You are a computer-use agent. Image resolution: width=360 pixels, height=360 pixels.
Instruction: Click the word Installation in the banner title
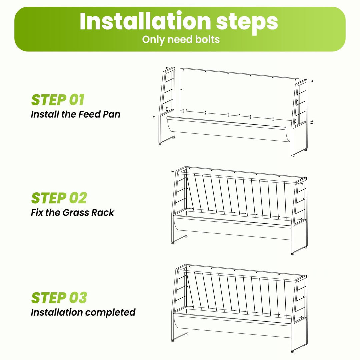pyautogui.click(x=145, y=21)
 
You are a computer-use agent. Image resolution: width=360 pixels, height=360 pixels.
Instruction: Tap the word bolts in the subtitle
pyautogui.click(x=207, y=39)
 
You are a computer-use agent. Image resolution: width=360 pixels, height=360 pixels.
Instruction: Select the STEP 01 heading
pyautogui.click(x=58, y=100)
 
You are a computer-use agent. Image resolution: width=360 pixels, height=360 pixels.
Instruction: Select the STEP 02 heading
pyautogui.click(x=59, y=198)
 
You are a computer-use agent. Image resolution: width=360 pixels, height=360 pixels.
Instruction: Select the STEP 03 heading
pyautogui.click(x=59, y=298)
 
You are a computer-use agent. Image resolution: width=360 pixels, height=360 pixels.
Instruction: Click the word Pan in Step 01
pyautogui.click(x=111, y=114)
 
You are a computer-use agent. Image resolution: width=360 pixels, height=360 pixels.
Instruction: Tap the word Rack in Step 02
pyautogui.click(x=103, y=213)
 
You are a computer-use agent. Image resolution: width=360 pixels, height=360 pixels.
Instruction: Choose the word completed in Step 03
pyautogui.click(x=110, y=313)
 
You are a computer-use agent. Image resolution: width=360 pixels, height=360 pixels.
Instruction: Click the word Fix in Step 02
pyautogui.click(x=37, y=213)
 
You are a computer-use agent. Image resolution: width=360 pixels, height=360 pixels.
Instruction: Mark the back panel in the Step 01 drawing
pyautogui.click(x=239, y=92)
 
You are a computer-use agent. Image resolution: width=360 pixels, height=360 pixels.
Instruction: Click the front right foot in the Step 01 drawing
pyautogui.click(x=292, y=156)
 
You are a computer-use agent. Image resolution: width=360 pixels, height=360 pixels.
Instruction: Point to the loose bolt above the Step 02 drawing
pyautogui.click(x=173, y=171)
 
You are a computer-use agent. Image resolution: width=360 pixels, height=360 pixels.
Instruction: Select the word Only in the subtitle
pyautogui.click(x=153, y=39)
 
